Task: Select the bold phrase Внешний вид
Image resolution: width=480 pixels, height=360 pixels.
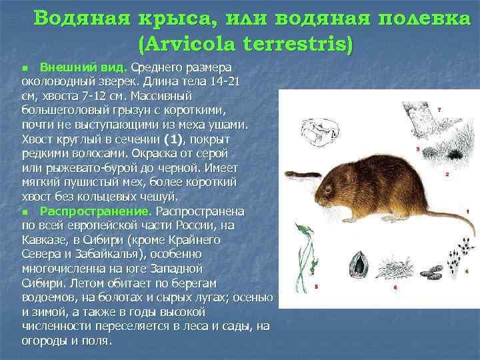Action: click(x=83, y=67)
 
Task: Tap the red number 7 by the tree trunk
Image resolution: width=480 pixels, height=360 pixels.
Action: click(x=438, y=109)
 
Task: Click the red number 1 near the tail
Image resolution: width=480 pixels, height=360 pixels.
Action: click(x=469, y=211)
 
